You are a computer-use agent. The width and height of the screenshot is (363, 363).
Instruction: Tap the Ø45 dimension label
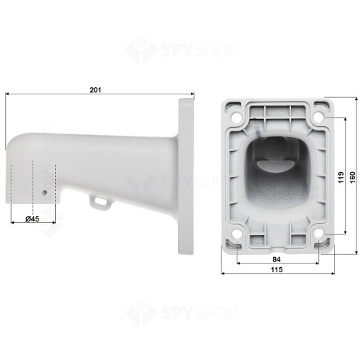click(31, 218)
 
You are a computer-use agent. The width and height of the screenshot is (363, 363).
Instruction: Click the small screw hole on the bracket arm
click(45, 193)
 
